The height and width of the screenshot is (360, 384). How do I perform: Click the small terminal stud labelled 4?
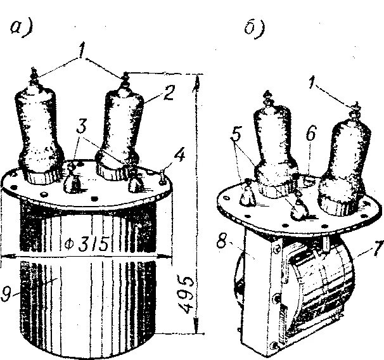click(x=164, y=176)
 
